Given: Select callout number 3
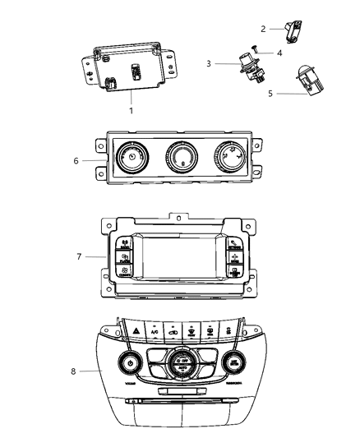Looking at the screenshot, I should (x=210, y=63).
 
